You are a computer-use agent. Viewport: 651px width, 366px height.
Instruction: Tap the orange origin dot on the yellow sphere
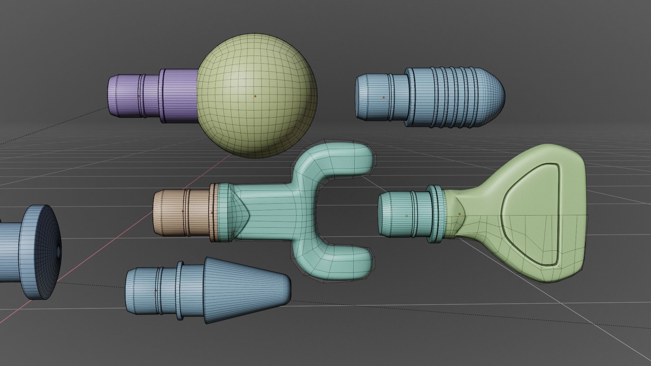point(255,96)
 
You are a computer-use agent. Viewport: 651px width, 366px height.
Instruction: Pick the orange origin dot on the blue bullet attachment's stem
point(384,98)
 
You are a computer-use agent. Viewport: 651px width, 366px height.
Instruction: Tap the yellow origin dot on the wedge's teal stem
point(407,216)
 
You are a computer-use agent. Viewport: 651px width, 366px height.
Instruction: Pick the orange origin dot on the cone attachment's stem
point(156,290)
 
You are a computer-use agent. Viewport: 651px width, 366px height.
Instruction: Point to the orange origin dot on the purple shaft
point(139,96)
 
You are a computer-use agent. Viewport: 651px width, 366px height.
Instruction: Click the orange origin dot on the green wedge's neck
point(460,214)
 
